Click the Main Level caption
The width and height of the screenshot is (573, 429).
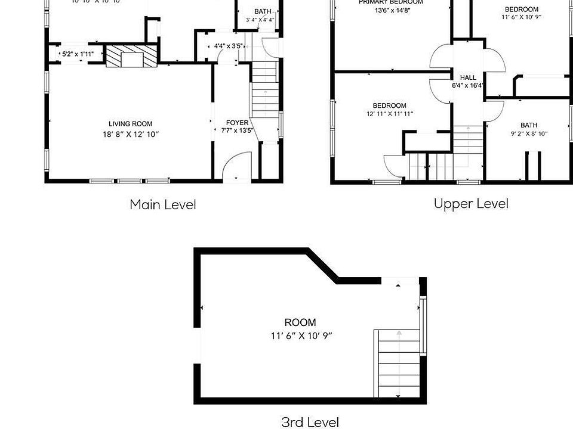163,204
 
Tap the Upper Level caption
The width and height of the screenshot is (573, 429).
471,204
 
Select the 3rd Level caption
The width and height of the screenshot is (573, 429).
310,422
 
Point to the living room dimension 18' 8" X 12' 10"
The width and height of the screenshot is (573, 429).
131,135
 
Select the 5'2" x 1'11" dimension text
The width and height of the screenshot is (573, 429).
78,54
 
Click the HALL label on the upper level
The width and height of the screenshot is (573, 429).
468,77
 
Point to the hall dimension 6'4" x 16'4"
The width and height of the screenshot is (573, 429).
468,86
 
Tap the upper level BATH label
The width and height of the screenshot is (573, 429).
529,125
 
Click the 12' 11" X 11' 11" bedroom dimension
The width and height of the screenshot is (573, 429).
390,114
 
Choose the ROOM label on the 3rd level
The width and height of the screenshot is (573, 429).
301,323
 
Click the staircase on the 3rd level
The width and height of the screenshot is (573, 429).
398,363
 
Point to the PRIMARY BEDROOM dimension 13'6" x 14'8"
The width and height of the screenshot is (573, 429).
391,10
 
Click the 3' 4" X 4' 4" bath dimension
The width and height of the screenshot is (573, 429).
260,20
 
